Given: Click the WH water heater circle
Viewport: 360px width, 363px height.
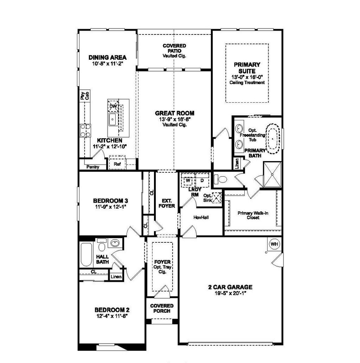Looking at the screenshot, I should click(274, 244).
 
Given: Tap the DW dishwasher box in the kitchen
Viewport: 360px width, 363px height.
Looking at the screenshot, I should click(113, 106).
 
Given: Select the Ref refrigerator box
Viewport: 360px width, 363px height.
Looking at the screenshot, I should click(117, 164).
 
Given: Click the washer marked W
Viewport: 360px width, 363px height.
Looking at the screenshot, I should click(188, 180).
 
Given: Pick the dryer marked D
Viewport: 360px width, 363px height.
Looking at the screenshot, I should click(202, 180).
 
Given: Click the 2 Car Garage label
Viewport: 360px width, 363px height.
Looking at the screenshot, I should click(230, 287).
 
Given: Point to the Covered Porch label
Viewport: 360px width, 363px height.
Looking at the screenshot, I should click(162, 308).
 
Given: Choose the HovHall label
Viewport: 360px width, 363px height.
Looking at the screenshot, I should click(201, 217).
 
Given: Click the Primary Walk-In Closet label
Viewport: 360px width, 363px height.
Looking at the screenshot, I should click(253, 215).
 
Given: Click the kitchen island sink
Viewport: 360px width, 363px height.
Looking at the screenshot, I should click(113, 119).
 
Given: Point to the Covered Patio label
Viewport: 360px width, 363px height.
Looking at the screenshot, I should click(174, 51).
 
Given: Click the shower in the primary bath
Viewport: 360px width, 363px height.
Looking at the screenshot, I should click(273, 174).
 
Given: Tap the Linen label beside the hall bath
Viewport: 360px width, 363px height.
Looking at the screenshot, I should click(116, 277).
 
